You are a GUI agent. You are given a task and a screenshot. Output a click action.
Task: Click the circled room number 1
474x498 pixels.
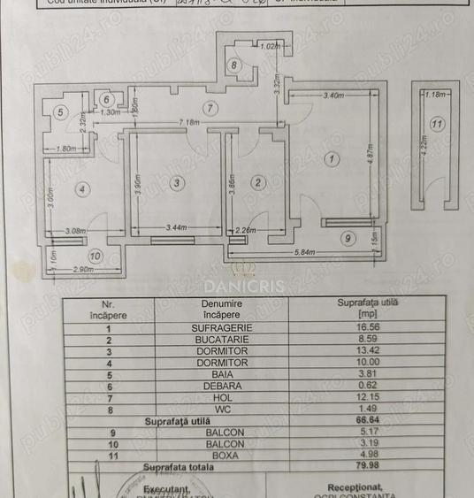click(332, 160)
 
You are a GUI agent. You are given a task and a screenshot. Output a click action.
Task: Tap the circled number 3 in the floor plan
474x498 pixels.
click(178, 182)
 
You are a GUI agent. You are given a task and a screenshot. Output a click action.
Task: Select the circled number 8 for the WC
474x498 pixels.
click(233, 65)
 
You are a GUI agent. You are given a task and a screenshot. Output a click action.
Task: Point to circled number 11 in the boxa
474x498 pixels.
click(437, 124)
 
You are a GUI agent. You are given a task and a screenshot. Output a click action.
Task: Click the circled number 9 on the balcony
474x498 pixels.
click(348, 237)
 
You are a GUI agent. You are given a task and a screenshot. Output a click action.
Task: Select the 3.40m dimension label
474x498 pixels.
click(333, 95)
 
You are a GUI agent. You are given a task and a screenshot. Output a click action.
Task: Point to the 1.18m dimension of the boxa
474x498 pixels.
click(435, 95)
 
